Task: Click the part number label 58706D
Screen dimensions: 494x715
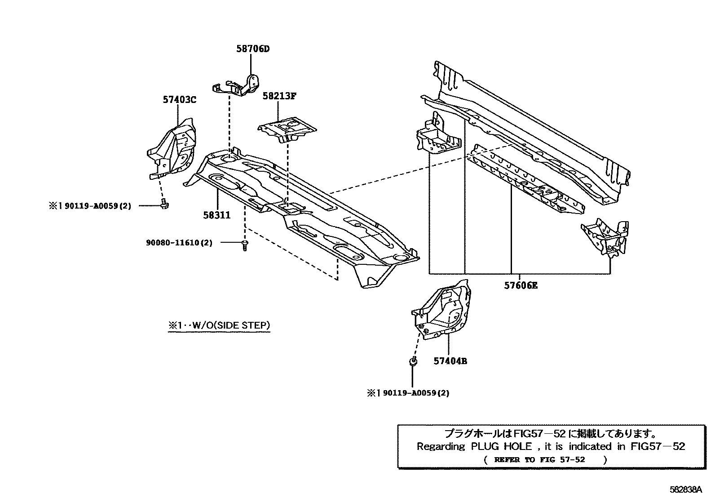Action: (x=253, y=49)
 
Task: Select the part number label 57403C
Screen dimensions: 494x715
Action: (x=179, y=100)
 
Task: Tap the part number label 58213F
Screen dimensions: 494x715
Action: (x=279, y=96)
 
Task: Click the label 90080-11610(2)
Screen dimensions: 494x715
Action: (x=179, y=243)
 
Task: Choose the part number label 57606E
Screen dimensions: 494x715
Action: (x=520, y=285)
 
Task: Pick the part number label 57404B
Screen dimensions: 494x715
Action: (x=450, y=361)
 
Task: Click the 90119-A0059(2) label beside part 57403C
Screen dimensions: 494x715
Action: (x=97, y=206)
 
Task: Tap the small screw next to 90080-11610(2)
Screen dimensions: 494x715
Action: (x=244, y=245)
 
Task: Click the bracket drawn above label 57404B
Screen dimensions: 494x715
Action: (x=442, y=310)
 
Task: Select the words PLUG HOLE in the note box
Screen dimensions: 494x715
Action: (x=501, y=447)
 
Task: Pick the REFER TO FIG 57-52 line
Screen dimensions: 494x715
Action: (x=539, y=460)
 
